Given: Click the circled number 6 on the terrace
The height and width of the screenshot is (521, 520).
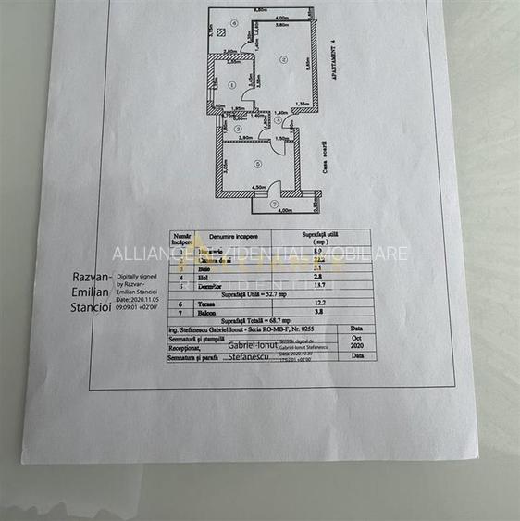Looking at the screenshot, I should [x=235, y=23].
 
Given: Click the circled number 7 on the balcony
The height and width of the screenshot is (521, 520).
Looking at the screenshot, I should [x=274, y=204].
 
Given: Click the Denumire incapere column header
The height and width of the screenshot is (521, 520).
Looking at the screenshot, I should [x=234, y=237].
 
